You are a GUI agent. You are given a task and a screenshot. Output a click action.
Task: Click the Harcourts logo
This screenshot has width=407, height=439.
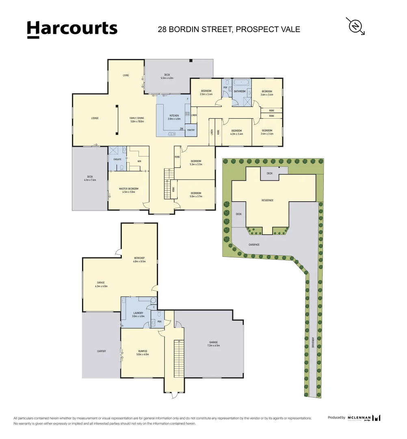point(72,29)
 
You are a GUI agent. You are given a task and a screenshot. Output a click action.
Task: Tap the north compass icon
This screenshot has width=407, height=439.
point(355,26)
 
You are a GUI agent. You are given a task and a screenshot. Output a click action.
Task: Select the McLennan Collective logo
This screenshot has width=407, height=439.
point(364,417)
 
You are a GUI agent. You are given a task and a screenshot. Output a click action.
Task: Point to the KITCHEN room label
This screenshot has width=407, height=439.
point(174,115)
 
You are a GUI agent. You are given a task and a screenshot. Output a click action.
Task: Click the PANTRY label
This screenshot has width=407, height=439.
point(191,130)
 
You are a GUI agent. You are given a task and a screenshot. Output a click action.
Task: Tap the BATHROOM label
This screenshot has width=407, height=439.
point(240,91)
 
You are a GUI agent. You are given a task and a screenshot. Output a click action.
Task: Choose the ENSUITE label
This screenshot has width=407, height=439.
point(117,160)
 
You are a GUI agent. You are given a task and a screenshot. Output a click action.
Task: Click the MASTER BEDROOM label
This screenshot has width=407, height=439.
point(128,189)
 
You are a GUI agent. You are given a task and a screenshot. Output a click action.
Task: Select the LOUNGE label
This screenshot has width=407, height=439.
point(95,118)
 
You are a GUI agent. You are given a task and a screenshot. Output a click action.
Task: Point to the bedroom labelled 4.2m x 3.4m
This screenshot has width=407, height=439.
point(236,132)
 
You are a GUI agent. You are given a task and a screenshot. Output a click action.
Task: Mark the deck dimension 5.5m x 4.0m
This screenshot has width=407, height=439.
point(167,78)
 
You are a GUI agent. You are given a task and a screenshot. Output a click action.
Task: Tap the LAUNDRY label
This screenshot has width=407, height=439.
point(138,313)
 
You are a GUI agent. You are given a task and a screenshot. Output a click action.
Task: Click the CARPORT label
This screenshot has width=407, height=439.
point(102,351)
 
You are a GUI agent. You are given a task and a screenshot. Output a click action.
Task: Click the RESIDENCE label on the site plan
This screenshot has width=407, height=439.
point(267,200)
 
